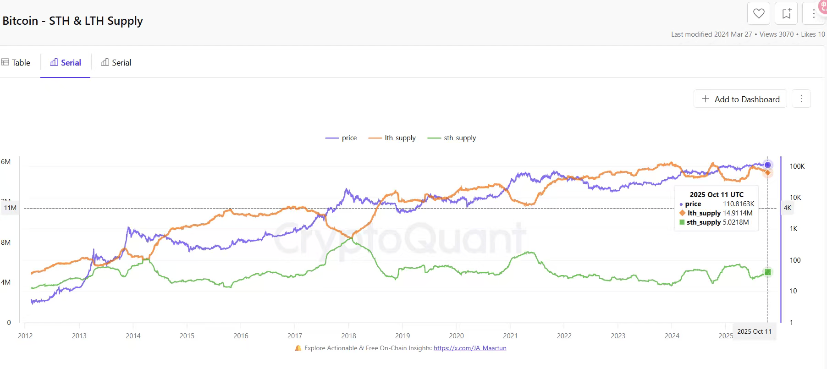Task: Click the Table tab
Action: point(16,63)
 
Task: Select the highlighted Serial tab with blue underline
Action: point(66,63)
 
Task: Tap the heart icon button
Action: point(759,14)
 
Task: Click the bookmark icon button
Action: point(786,14)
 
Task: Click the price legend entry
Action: point(341,138)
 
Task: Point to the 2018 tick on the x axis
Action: point(349,336)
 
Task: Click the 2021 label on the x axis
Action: point(510,336)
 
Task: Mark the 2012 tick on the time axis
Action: point(25,336)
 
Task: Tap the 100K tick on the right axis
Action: point(797,166)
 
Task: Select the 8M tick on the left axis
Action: point(6,242)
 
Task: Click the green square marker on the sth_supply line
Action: point(768,272)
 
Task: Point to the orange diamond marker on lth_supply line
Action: point(768,173)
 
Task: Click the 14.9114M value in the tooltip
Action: point(738,213)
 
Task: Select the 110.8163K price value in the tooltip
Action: point(739,204)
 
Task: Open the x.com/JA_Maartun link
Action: point(470,348)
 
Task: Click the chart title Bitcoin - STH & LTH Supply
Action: point(73,21)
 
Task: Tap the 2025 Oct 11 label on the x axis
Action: point(754,331)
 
